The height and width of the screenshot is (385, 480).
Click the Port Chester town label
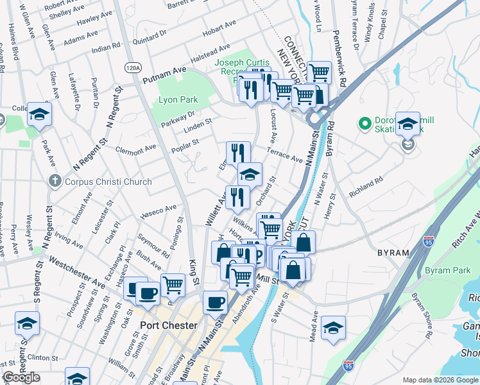[169, 325]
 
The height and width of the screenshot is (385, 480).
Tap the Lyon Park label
[178, 99]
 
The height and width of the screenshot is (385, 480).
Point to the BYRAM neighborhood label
[393, 253]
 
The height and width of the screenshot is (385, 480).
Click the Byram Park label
[447, 271]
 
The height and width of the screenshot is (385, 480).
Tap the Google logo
[21, 378]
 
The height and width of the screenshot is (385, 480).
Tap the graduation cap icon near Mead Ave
[333, 328]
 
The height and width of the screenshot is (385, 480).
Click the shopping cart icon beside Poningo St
[173, 284]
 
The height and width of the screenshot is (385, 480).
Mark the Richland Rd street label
[366, 186]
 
